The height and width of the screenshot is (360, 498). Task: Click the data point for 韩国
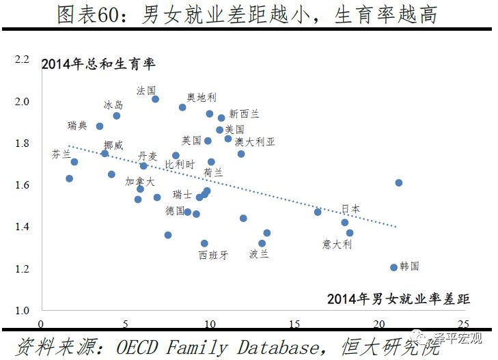click(393, 267)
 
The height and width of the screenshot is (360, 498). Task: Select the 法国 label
click(146, 90)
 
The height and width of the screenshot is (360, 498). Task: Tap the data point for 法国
click(155, 99)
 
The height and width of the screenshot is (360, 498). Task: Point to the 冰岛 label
click(113, 105)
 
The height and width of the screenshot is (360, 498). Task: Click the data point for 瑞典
click(100, 126)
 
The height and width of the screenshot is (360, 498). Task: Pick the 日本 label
click(351, 209)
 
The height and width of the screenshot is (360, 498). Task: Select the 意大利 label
click(337, 244)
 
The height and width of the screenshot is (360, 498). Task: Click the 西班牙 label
click(212, 255)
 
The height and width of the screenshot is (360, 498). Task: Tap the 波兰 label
click(259, 254)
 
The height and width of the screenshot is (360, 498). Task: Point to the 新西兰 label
click(244, 113)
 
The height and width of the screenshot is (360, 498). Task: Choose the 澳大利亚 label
click(255, 141)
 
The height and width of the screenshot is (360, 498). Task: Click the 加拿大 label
click(139, 182)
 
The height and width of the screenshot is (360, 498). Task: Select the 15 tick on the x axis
click(294, 324)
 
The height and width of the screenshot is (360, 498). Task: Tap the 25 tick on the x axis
click(464, 324)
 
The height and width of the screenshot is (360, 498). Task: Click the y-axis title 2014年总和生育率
click(99, 66)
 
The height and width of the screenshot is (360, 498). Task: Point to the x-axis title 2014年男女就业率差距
click(399, 299)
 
